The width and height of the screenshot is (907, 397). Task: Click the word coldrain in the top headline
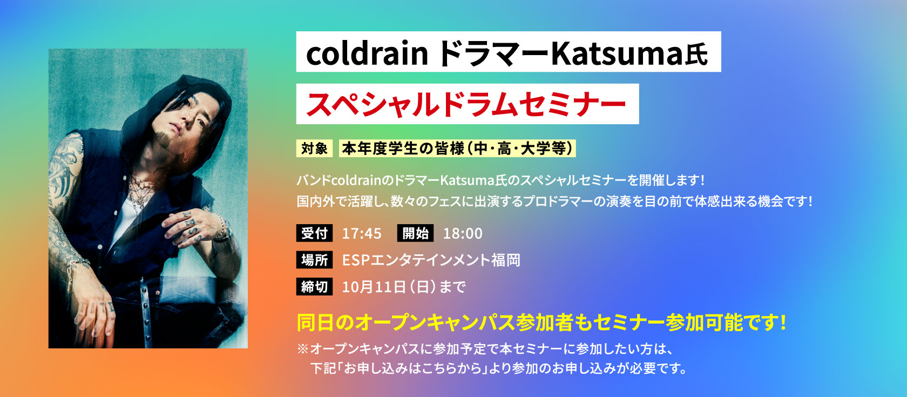point(367,53)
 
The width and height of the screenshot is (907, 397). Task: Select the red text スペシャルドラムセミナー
point(466,104)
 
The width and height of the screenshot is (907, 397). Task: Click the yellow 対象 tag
point(314,148)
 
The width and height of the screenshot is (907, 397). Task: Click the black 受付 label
point(314,233)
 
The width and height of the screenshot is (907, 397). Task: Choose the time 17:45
point(362,233)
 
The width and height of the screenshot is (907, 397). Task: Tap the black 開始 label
point(416,233)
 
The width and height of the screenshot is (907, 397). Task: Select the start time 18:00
point(463,233)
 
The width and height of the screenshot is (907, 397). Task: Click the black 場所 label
point(314,260)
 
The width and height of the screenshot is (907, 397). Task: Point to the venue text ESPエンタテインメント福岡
point(431,260)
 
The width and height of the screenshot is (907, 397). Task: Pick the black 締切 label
point(314,286)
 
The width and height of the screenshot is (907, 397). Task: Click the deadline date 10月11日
point(374,287)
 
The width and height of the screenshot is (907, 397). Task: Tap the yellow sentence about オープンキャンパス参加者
point(542,322)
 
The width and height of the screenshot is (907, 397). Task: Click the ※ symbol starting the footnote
point(302,349)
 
